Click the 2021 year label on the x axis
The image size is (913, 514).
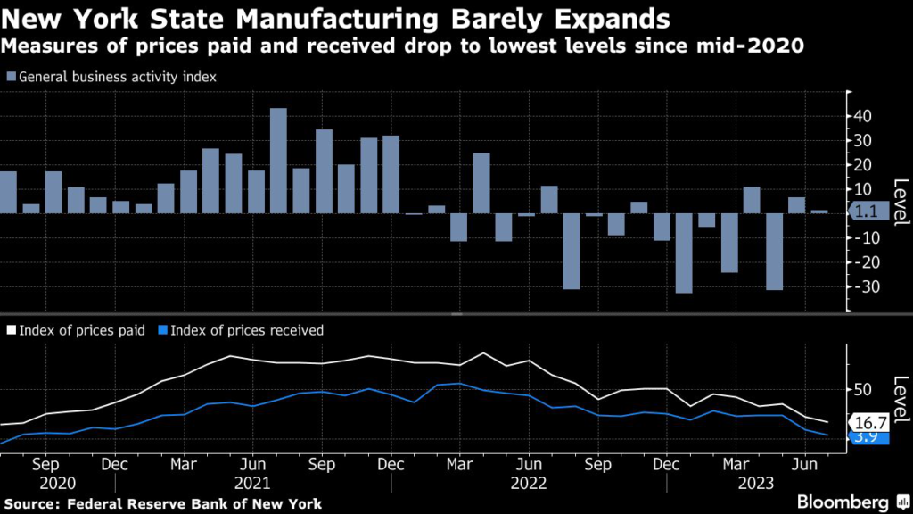click(x=252, y=482)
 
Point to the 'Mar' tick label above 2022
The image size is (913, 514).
click(x=459, y=465)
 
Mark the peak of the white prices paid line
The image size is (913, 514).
click(x=482, y=353)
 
